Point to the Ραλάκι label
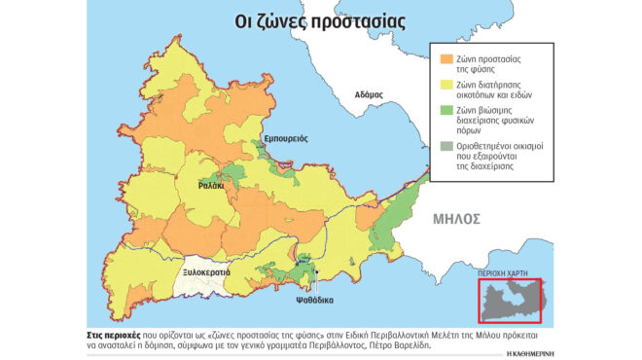[211, 185]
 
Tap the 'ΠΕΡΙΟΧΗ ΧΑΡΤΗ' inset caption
[508, 276]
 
